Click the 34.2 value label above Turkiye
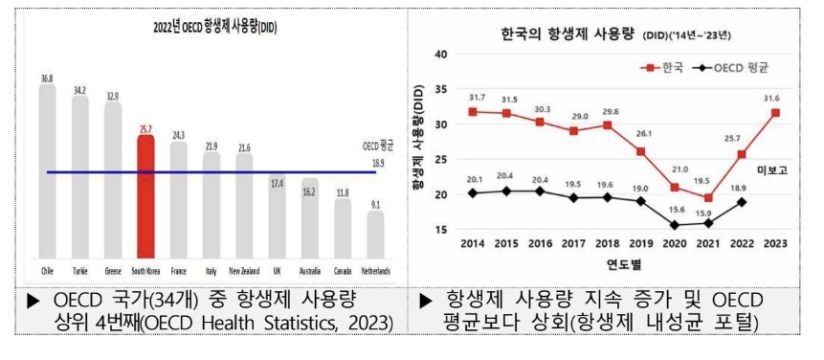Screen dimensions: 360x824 click(79, 91)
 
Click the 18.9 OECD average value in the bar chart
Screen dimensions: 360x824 click(377, 164)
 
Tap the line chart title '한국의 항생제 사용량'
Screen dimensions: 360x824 click(563, 36)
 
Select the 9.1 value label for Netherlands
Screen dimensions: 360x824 click(375, 203)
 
